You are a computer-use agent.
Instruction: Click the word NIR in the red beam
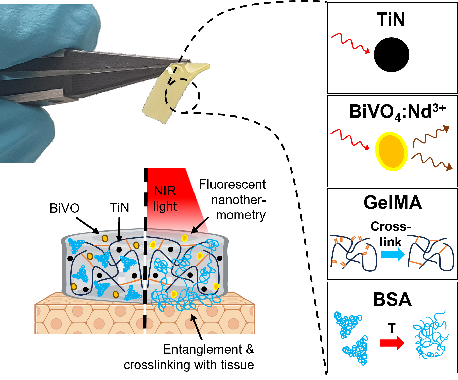165,191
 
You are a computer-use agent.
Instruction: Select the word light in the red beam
165,206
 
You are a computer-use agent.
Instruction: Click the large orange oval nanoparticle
391,151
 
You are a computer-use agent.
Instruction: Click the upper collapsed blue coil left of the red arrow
347,324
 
